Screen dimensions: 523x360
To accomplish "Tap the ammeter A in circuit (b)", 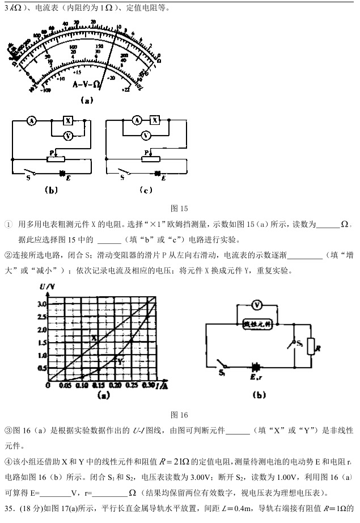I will [x=32, y=121].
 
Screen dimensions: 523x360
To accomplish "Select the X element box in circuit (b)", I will [x=68, y=121].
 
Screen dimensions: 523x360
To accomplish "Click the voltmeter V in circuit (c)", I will [x=146, y=136].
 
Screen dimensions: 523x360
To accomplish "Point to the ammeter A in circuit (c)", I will [x=136, y=120].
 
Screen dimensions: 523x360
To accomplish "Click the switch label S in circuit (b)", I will [x=28, y=177].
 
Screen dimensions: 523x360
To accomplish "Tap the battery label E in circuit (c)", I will [x=162, y=178].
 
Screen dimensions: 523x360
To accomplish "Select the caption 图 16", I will [x=179, y=415].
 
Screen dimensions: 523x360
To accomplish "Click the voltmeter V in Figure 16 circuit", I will [x=256, y=305].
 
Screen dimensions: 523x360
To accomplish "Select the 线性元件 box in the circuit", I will [x=258, y=324].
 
